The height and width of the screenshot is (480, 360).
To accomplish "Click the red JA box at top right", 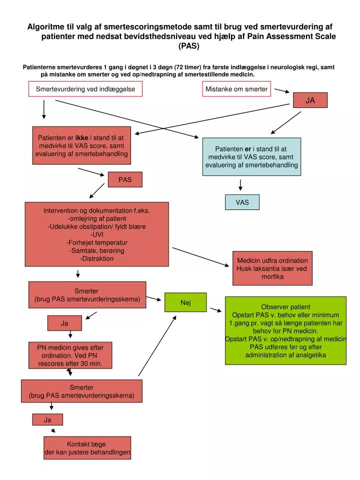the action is [310, 100].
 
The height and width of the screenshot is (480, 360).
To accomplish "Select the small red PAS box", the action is [125, 179].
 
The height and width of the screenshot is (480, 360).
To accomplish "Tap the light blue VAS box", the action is [242, 202].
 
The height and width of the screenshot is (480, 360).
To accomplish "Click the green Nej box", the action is [185, 302].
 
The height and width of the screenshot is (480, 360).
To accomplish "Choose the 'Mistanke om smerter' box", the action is [236, 89].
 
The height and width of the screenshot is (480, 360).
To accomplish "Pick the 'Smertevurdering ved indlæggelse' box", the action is [85, 89].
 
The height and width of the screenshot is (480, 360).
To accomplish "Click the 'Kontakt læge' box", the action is [87, 448].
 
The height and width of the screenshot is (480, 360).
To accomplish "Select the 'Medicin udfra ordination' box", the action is [272, 268].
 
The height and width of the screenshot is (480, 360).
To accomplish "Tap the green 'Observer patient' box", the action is [285, 330].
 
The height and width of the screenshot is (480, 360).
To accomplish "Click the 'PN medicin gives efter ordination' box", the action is [70, 355].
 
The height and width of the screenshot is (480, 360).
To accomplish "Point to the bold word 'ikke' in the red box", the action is [81, 138].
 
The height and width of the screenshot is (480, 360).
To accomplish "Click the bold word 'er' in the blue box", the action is [248, 149].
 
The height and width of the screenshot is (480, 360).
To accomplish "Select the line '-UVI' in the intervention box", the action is [97, 234].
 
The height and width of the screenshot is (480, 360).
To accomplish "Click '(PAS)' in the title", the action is [189, 46].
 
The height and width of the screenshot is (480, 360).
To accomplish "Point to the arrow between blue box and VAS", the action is [240, 185].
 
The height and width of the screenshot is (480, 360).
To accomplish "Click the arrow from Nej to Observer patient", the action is [216, 310].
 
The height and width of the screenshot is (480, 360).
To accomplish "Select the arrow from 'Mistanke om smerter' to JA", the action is [282, 90].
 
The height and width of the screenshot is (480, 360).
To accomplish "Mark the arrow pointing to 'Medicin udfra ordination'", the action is [201, 257].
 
